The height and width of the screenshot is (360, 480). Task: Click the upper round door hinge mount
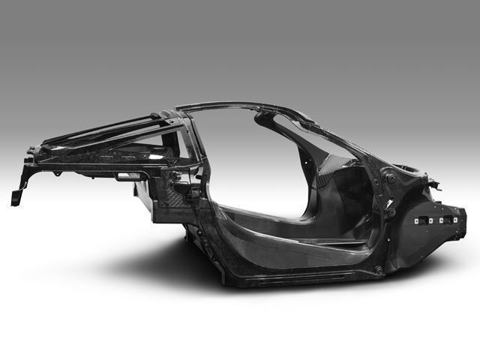click(391, 179)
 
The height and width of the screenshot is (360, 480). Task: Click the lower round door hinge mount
click(391, 212)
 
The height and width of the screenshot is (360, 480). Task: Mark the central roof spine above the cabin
click(247, 106)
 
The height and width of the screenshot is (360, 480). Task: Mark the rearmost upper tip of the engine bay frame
click(34, 149)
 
